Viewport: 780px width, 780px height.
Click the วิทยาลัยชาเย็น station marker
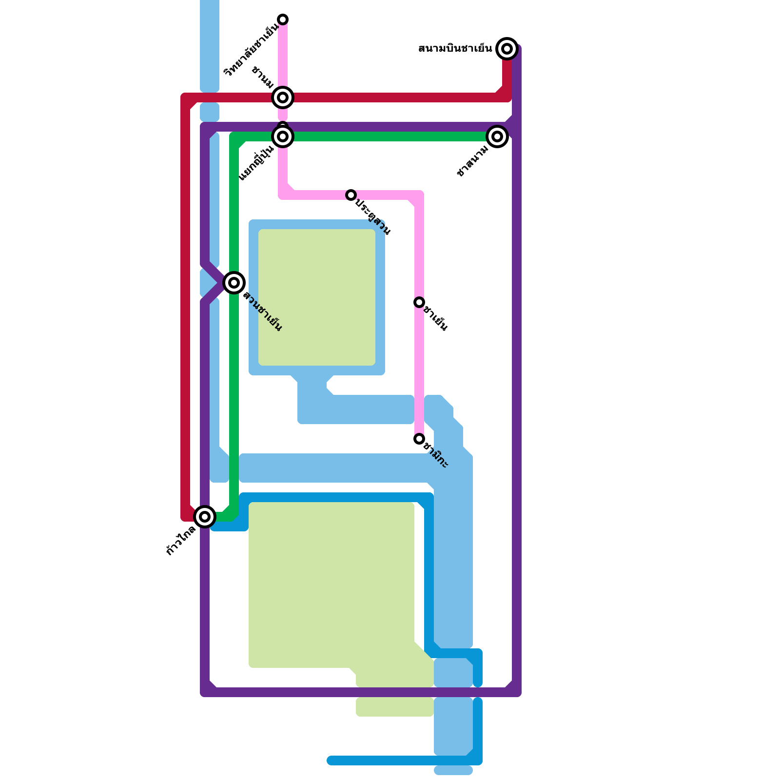283,19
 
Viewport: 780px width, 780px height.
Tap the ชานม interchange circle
283,97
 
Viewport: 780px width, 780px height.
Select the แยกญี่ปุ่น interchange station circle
283,136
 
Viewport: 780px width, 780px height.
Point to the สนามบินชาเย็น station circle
507,49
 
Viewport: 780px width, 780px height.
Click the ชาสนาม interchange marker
497,136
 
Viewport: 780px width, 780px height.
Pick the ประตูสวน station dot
351,195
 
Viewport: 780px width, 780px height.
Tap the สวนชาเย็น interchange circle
234,283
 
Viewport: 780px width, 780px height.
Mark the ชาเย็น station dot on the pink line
419,302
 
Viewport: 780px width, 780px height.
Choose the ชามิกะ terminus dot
419,439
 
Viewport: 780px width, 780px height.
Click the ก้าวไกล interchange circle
205,516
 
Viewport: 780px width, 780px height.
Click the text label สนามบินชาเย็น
455,49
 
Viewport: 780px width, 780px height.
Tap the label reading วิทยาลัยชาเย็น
251,50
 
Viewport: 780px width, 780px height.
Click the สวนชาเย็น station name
263,312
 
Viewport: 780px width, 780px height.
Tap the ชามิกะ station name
435,455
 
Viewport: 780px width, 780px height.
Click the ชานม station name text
263,78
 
